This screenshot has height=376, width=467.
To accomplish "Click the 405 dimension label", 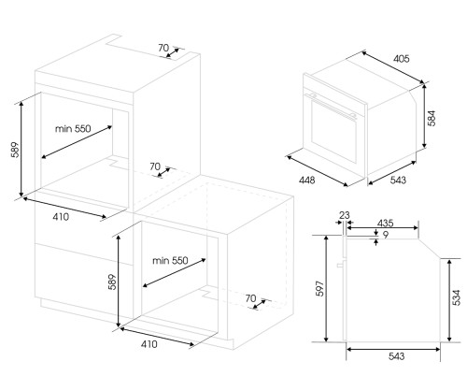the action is click(402, 59).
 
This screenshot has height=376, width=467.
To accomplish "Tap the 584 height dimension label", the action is click(432, 119).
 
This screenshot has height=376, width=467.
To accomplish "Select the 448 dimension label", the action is click(307, 180).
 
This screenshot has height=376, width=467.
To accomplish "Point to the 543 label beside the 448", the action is click(398, 180).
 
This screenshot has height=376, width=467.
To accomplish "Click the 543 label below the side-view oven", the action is click(397, 356).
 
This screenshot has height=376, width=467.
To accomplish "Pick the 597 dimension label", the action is click(320, 289).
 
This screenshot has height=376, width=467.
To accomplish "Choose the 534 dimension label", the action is click(456, 297).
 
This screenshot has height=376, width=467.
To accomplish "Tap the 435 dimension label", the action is click(386, 224).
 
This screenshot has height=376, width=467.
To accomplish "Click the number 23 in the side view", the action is click(345, 215).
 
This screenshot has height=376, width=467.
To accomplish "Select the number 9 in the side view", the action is click(386, 235).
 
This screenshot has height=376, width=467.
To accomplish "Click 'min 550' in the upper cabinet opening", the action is click(73, 128).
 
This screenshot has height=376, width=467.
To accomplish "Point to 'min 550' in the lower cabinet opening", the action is click(170, 260).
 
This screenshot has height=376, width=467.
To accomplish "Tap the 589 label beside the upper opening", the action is click(15, 150).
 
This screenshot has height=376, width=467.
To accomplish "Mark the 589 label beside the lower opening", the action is click(112, 282).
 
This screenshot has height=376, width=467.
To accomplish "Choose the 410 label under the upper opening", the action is click(61, 216).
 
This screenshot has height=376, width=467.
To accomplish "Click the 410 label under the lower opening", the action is click(149, 344).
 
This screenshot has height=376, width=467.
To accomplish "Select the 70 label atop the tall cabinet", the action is click(163, 48).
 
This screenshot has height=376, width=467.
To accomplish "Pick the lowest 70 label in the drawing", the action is click(250, 298).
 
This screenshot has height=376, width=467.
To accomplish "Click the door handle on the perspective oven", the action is click(333, 106).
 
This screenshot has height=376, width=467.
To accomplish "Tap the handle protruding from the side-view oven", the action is click(340, 265).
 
